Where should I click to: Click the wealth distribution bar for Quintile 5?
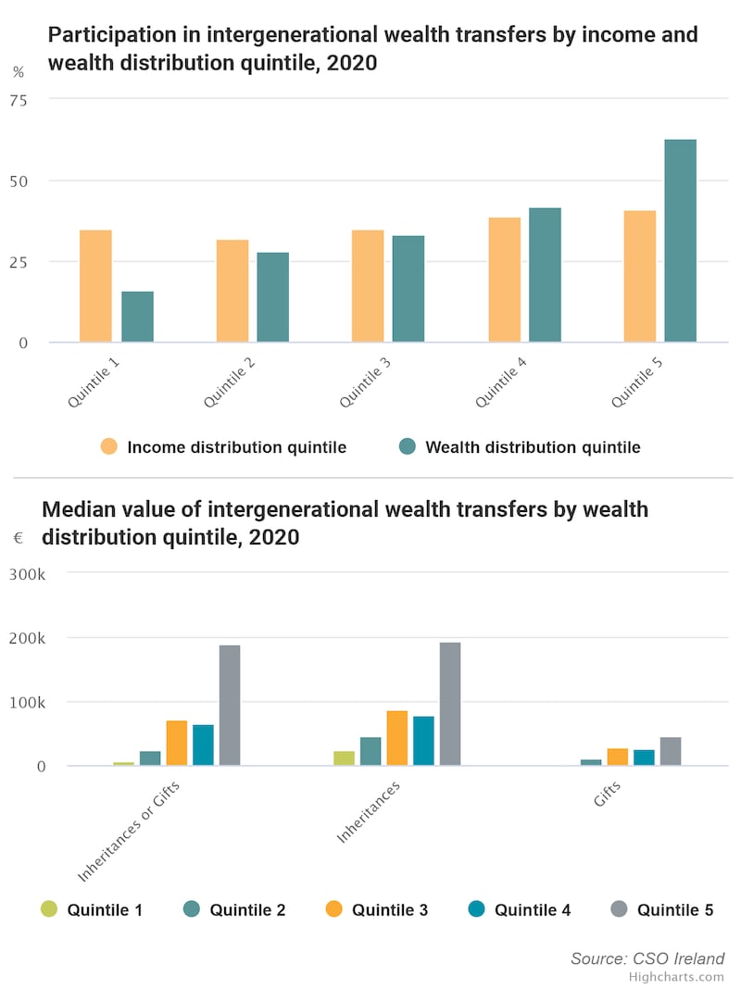click(x=680, y=241)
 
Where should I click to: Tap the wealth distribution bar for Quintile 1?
click(x=137, y=317)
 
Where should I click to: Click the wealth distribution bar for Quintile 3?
click(x=408, y=289)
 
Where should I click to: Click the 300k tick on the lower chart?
click(x=28, y=574)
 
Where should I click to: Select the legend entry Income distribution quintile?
click(x=235, y=447)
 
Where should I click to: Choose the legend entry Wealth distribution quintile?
click(x=532, y=447)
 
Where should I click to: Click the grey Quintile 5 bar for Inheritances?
click(x=450, y=704)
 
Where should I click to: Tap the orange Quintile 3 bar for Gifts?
click(x=618, y=757)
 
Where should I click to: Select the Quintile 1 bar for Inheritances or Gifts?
click(x=124, y=763)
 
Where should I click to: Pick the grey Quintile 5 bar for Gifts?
click(x=671, y=751)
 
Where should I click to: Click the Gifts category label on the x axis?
click(x=607, y=795)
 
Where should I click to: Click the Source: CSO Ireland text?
click(x=647, y=959)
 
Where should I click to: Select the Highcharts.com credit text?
click(x=675, y=977)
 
